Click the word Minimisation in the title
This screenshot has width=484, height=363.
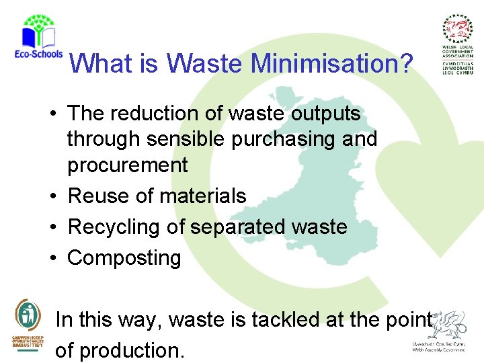332,64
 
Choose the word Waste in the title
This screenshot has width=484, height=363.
204,64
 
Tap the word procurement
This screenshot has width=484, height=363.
128,165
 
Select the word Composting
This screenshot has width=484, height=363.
124,258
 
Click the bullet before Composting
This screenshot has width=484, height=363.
52,258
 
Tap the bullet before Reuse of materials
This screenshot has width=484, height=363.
52,196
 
